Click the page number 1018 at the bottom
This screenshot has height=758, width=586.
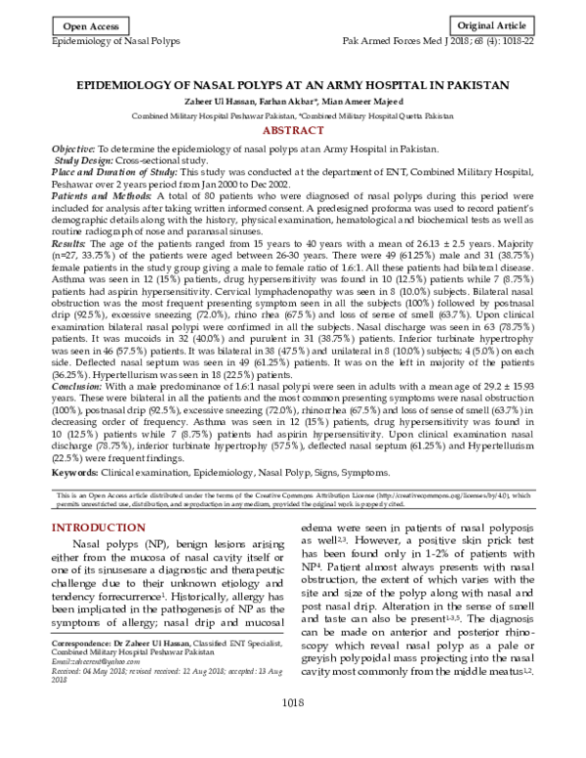point(292,731)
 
